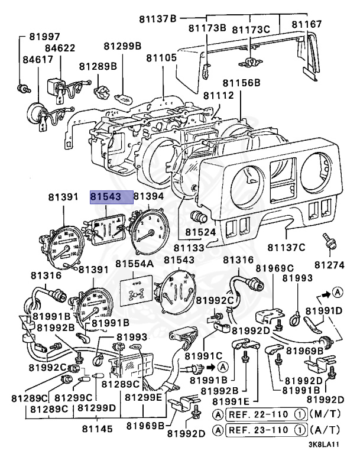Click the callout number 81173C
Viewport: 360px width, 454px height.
pos(251,29)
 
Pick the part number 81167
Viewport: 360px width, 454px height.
pos(307,24)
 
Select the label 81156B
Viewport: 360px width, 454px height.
pos(241,83)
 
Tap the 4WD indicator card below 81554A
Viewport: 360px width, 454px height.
pos(135,288)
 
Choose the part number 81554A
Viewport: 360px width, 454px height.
pos(134,263)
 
